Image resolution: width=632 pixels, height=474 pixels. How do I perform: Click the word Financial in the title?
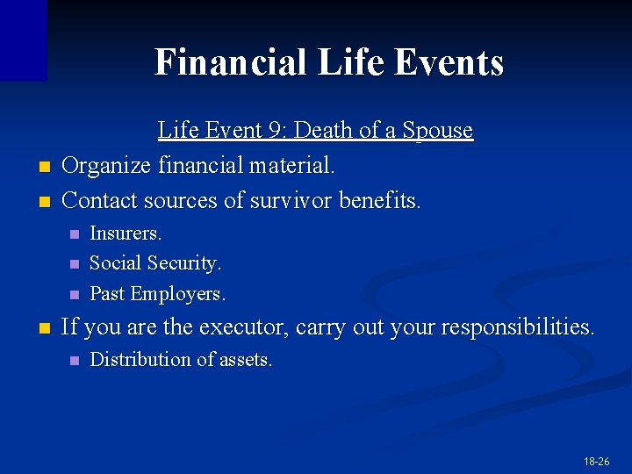click(x=230, y=63)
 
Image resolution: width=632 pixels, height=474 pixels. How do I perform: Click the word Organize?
click(x=108, y=165)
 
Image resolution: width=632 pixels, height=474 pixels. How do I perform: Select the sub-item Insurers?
click(x=126, y=233)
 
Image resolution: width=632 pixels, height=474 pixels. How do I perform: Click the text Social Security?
click(x=155, y=263)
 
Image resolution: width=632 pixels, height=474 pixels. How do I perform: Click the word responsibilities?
click(x=518, y=327)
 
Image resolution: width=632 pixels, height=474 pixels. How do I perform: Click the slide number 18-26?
click(x=595, y=461)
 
